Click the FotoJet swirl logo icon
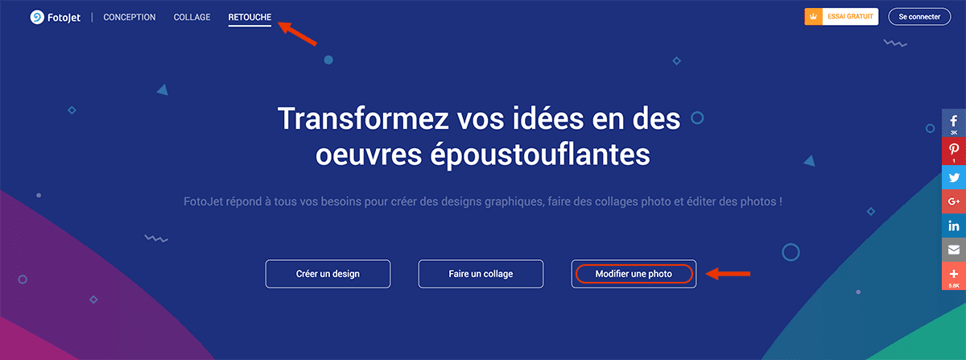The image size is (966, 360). click(37, 17)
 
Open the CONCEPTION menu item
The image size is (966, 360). click(130, 17)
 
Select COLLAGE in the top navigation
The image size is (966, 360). click(192, 17)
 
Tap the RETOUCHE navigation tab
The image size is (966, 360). click(250, 17)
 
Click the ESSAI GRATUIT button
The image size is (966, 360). click(841, 17)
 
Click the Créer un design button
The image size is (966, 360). click(328, 274)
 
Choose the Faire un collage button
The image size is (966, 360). click(481, 274)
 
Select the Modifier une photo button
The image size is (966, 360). click(634, 274)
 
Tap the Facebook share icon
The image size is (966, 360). click(953, 123)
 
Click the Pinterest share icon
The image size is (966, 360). click(953, 151)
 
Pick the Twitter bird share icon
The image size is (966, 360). click(953, 177)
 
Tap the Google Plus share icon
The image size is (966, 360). click(953, 201)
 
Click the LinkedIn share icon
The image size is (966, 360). click(953, 226)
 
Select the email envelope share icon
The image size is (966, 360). click(953, 250)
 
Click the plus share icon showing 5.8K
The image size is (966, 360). click(953, 275)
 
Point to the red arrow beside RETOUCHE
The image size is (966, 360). click(298, 34)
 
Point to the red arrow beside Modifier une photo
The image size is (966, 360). click(728, 274)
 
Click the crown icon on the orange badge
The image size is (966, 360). click(813, 17)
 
